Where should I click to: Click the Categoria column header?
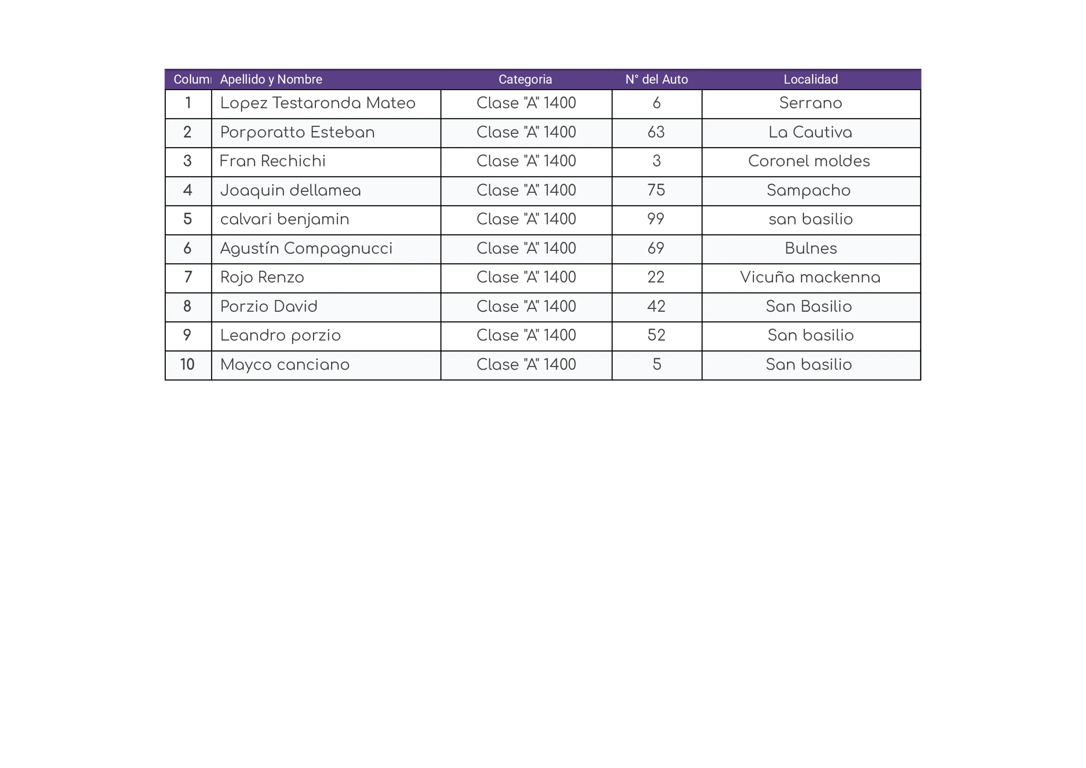click(525, 79)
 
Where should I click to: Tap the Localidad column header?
click(810, 79)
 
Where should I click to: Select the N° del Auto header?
click(657, 79)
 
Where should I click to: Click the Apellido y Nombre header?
click(271, 79)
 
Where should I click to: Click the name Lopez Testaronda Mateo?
click(318, 103)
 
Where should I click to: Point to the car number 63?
click(656, 132)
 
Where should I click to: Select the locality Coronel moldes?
click(809, 161)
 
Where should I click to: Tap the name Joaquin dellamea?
click(290, 190)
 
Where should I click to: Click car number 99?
click(656, 220)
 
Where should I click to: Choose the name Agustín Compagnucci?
click(306, 249)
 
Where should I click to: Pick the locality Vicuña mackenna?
click(810, 278)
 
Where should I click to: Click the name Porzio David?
click(269, 307)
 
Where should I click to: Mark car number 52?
click(656, 335)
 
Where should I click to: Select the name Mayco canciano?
click(285, 365)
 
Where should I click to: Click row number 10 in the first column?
click(187, 365)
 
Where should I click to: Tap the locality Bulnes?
click(810, 249)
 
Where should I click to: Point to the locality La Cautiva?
click(810, 132)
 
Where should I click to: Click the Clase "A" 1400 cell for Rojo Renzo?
click(526, 278)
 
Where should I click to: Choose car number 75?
click(656, 190)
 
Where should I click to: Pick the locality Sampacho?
click(808, 190)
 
